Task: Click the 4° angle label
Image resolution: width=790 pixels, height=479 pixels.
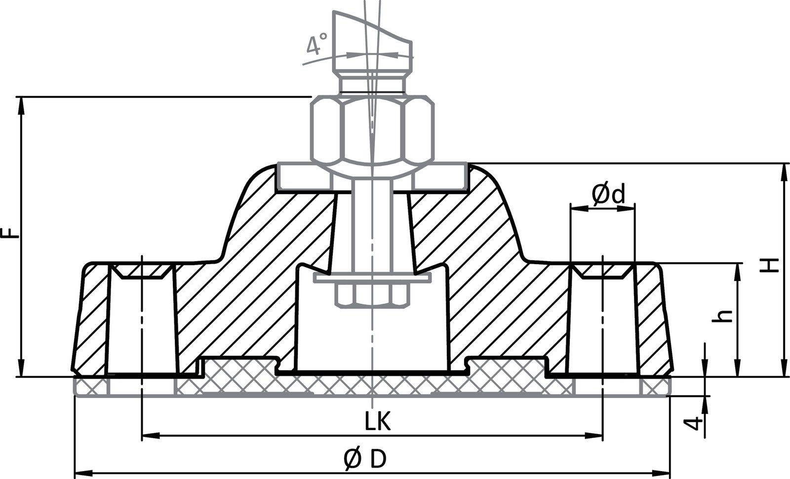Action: pos(316,44)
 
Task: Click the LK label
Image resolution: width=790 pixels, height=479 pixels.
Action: pos(378,422)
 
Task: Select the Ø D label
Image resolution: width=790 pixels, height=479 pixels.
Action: pos(365,460)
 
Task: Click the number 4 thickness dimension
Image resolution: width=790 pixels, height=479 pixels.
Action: pos(695,423)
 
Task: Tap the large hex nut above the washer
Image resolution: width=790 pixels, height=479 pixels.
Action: pos(373,131)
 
